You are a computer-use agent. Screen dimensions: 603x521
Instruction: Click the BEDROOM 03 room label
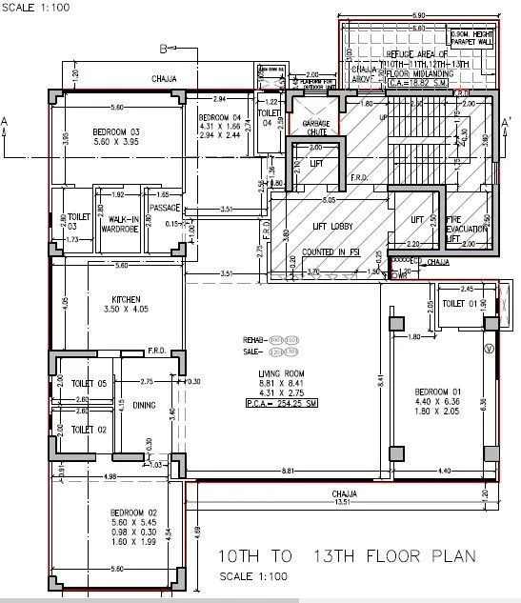click(115, 131)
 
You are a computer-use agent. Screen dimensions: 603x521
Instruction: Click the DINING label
click(145, 406)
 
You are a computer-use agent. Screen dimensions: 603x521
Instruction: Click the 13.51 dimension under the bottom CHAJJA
click(344, 504)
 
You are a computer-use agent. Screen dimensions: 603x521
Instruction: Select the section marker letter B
click(163, 49)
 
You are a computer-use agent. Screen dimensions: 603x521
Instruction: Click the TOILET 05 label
click(89, 383)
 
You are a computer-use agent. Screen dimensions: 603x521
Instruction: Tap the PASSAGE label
click(164, 208)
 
